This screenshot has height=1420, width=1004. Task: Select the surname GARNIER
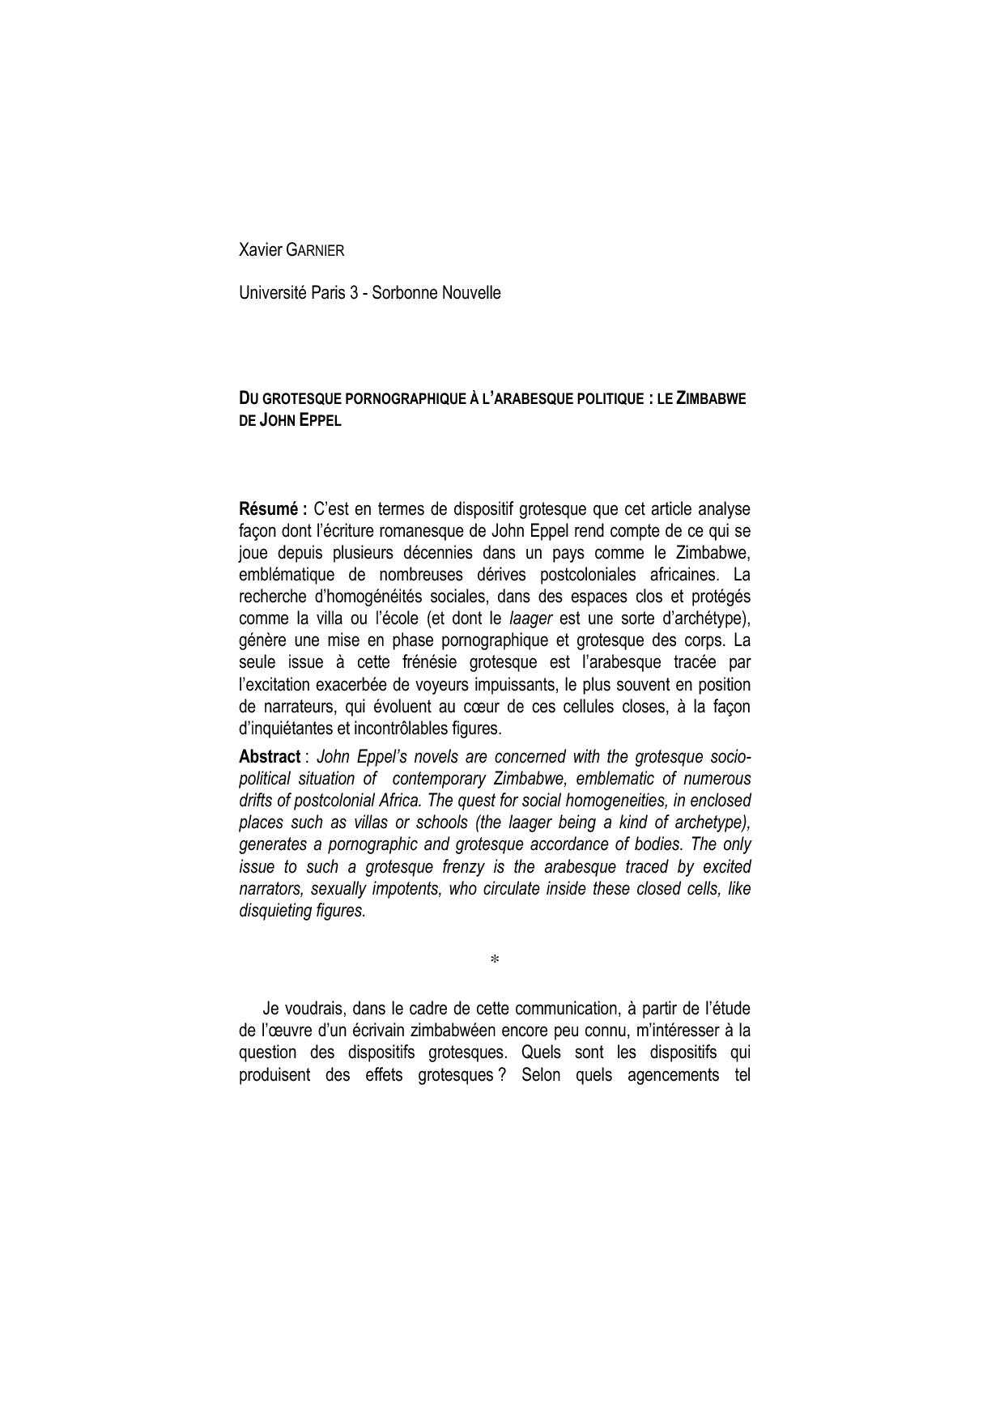pos(316,251)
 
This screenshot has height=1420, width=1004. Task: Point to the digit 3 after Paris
pos(354,293)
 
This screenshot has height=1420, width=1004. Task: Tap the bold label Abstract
pos(270,757)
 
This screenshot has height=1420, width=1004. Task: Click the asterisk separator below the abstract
pos(495,960)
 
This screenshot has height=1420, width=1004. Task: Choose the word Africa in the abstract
pos(394,801)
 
